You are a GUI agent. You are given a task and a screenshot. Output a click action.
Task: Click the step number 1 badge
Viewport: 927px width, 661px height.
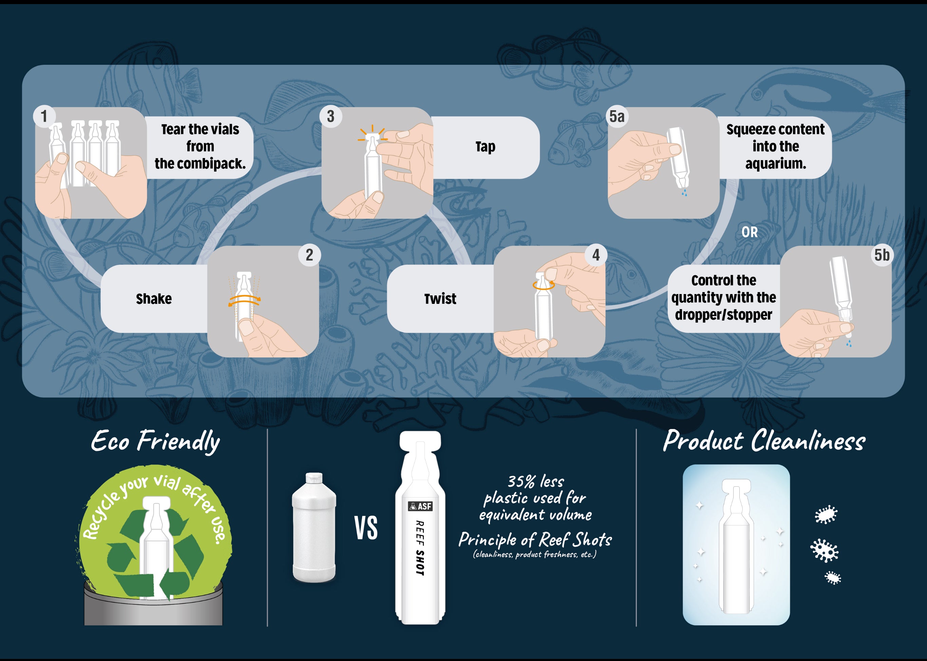[44, 116]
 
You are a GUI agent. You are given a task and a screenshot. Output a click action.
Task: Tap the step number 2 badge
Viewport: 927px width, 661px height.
[309, 255]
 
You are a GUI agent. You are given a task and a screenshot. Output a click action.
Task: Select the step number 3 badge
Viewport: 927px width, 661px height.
[330, 116]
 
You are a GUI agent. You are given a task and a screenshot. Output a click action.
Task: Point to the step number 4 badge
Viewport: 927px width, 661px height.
[596, 255]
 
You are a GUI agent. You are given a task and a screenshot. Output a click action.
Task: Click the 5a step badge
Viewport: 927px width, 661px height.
[617, 116]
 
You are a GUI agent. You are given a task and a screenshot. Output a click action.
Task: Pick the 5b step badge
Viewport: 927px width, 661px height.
[882, 255]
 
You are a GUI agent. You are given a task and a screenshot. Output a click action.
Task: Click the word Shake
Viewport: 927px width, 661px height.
[154, 299]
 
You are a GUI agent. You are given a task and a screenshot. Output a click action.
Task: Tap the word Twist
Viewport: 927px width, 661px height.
[440, 299]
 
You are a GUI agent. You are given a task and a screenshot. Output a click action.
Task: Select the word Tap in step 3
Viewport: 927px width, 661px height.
[485, 147]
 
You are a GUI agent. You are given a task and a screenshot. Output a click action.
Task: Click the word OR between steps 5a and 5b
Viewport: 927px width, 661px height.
[750, 232]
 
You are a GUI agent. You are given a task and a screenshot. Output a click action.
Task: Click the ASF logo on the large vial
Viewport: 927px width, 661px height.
[420, 506]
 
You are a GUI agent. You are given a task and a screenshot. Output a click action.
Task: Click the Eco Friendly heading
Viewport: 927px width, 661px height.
[155, 441]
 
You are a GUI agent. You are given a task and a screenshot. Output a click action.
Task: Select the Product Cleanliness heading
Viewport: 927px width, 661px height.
[764, 441]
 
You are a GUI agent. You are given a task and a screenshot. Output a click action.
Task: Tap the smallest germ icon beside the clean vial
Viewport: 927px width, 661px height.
[833, 578]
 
